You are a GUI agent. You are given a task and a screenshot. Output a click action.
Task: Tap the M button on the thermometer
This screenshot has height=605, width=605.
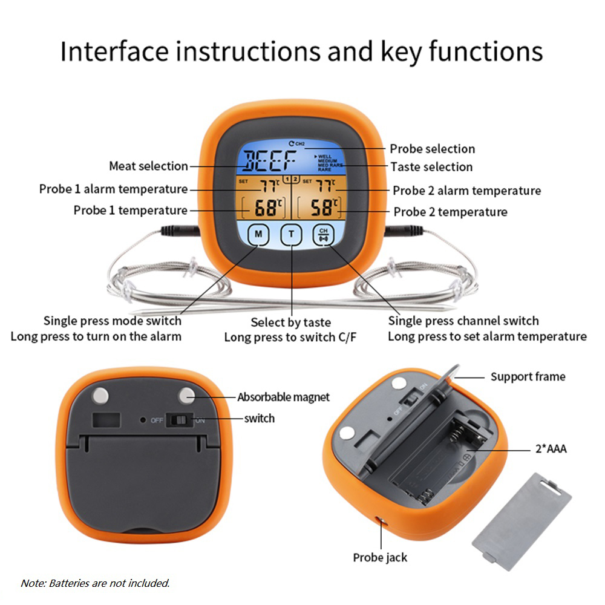(258, 235)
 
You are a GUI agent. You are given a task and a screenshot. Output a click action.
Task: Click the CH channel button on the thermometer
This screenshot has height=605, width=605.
(322, 235)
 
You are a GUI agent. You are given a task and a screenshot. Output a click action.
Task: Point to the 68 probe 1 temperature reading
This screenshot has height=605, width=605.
(266, 209)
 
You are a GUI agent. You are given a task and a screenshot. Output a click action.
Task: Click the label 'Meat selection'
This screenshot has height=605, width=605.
(148, 166)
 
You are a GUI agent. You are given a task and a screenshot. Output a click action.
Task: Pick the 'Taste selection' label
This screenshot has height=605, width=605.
(431, 166)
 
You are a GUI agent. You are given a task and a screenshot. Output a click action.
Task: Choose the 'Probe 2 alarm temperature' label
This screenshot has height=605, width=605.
(466, 191)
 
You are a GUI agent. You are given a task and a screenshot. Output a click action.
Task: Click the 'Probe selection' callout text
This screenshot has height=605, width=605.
(432, 149)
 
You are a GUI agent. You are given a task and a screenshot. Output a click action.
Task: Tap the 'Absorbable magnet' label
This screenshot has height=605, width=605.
(283, 397)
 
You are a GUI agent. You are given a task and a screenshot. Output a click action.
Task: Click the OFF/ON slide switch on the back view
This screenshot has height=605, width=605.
(180, 419)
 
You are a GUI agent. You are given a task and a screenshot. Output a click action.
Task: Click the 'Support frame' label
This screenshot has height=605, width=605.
(528, 377)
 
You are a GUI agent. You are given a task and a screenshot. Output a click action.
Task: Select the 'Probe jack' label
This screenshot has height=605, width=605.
(380, 557)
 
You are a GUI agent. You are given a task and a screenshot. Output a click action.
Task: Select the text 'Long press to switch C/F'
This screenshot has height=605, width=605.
(290, 337)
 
